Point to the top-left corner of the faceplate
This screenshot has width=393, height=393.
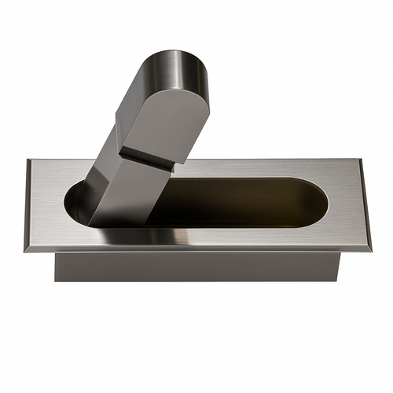[28, 160]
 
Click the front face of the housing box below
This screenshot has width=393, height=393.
[196, 267]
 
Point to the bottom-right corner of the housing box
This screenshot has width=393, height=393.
[338, 281]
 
